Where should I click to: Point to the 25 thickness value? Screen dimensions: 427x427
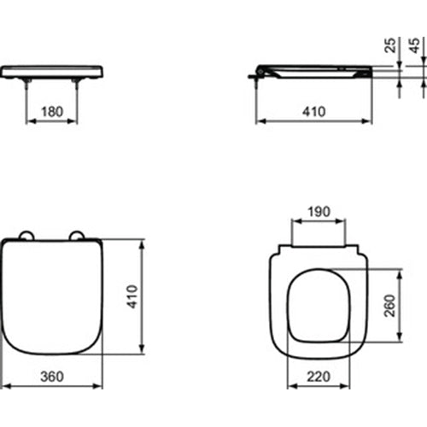tap(391, 45)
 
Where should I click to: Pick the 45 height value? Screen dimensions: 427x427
tap(415, 45)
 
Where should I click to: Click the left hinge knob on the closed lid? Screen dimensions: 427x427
tap(26, 237)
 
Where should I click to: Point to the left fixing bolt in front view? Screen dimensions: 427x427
tap(26, 83)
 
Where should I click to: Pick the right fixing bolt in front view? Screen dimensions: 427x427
tap(78, 83)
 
